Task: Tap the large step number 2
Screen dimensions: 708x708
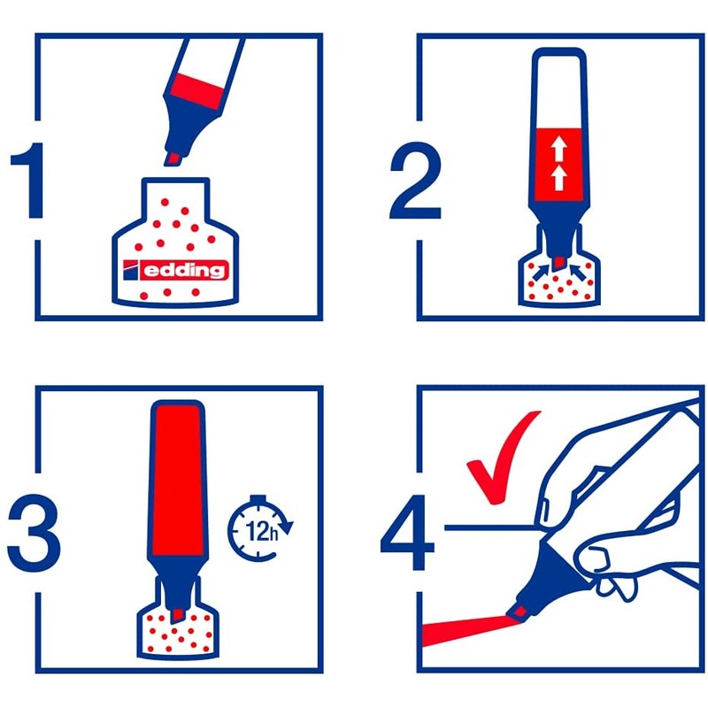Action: tap(415, 181)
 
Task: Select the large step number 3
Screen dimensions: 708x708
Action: tap(34, 534)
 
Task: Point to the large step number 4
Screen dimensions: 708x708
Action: tap(408, 533)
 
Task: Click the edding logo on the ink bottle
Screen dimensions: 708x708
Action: tap(175, 270)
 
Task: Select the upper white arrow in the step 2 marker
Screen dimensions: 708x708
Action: tap(559, 150)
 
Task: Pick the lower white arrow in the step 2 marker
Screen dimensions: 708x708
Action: tap(559, 177)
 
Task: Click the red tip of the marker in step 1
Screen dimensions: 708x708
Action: tap(173, 158)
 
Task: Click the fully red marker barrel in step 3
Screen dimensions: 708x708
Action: tap(178, 479)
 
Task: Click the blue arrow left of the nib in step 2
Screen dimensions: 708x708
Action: tap(542, 272)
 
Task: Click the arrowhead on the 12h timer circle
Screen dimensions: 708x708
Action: tap(286, 527)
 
